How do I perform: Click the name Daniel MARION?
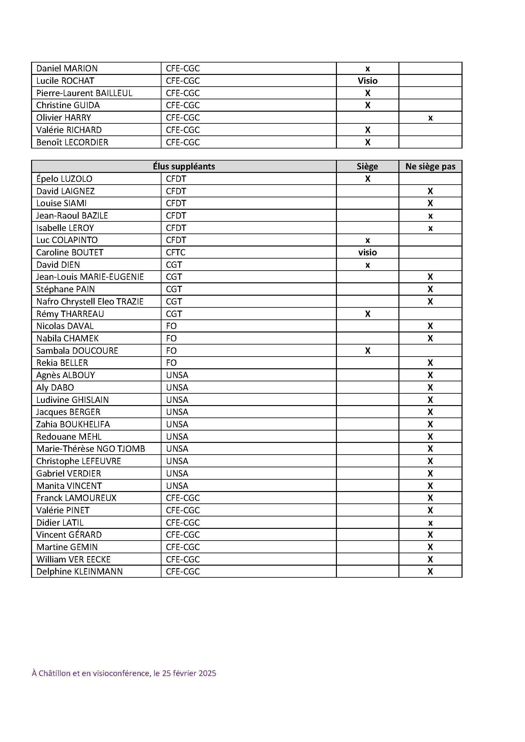click(67, 69)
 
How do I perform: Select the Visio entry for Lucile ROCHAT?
click(367, 81)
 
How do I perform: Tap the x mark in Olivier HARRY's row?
click(430, 118)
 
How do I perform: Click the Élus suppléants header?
click(184, 167)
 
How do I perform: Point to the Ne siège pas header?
click(430, 167)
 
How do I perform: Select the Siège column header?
click(367, 167)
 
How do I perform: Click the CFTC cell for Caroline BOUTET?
click(175, 253)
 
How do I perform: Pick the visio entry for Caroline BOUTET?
click(367, 253)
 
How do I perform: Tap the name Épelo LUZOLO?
click(64, 179)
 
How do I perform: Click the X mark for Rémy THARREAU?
click(367, 314)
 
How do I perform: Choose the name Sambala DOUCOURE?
click(77, 351)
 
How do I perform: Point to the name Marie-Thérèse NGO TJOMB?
click(90, 449)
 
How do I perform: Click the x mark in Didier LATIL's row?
click(430, 523)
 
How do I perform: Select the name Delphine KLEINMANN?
click(79, 572)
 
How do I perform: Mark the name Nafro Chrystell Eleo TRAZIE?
click(89, 302)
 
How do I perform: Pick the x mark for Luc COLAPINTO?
click(367, 240)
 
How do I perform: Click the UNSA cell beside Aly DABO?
click(177, 388)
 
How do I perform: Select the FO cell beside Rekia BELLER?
click(171, 363)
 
